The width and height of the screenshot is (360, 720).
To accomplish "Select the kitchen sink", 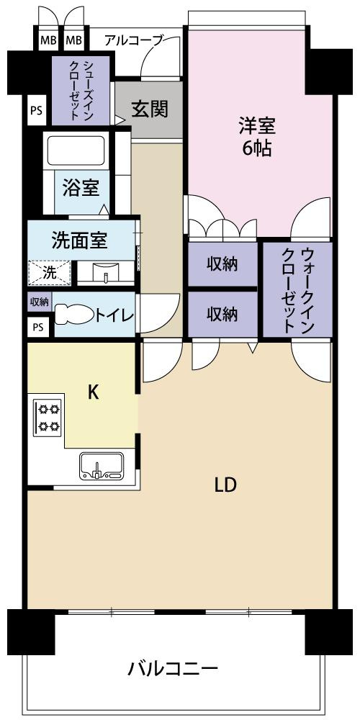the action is (x=101, y=466).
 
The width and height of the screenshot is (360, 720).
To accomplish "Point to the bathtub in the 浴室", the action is (x=76, y=150).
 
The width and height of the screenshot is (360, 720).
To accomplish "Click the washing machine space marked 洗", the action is (x=50, y=273).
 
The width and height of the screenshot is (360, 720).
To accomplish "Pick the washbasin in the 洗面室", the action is (x=106, y=273).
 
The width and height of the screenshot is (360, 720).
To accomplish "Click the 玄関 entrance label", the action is (x=150, y=109).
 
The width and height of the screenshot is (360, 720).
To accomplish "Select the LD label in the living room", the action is (x=225, y=485).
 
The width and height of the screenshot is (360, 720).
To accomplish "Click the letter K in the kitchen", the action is (x=93, y=392).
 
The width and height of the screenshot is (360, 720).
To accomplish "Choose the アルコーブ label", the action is (x=134, y=40).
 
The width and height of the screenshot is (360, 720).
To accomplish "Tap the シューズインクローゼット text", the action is (x=81, y=90).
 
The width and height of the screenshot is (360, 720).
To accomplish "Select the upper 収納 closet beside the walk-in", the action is (x=222, y=264).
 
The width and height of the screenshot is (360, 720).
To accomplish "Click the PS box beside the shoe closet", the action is (x=36, y=110).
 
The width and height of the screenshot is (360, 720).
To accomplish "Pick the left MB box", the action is (x=48, y=40).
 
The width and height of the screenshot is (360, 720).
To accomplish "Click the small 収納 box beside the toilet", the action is (x=40, y=302).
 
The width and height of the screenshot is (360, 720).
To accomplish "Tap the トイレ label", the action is (x=114, y=315).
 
